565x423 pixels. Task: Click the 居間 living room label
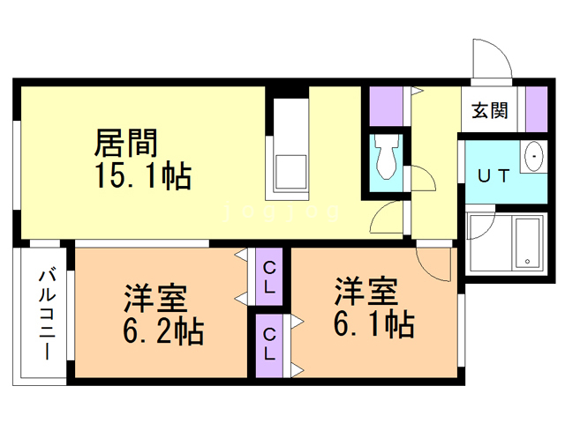coord(125,143)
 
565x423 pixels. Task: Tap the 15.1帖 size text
coord(143,176)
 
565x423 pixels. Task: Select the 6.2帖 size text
coord(163,331)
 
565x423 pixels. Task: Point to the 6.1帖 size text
coord(374,323)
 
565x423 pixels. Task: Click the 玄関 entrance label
coord(490,110)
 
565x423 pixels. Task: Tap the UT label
coord(493,176)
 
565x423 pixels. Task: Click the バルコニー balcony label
coord(47,314)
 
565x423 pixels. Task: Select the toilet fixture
coord(387,156)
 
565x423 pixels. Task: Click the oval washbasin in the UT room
coord(534,156)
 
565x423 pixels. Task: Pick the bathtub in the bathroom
coord(529,242)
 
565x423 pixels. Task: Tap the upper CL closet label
coord(269,277)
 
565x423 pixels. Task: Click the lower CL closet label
coord(269,344)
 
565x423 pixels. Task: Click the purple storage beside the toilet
coord(387,106)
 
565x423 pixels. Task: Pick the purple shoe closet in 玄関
coord(537,109)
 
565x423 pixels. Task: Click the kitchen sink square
coord(291,172)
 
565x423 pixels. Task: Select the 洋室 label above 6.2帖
coord(155,298)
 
